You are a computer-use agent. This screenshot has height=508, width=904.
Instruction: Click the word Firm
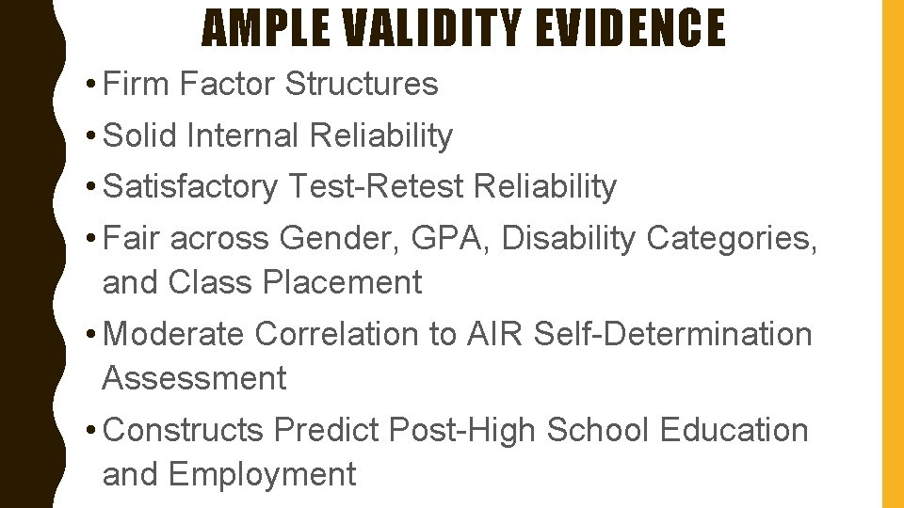pos(137,84)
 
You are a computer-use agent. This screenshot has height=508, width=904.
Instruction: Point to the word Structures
pos(361,84)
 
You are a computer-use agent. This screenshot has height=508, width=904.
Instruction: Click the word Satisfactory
pos(190,186)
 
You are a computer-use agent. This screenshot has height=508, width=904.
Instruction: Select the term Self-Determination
pos(672,334)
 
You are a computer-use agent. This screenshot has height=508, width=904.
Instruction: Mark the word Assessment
pos(194,378)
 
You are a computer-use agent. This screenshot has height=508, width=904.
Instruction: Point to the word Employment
pos(265,474)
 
